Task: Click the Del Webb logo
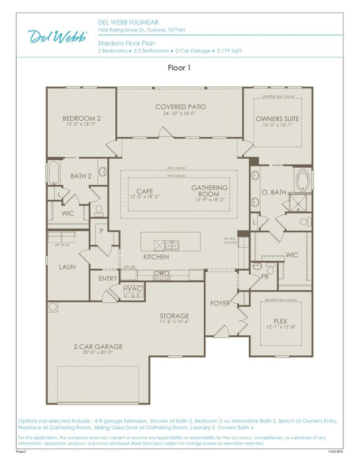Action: click(58, 37)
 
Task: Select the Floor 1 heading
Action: click(179, 68)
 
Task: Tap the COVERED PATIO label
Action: click(181, 107)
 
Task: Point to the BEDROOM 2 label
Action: click(81, 118)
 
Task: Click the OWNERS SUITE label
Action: click(277, 119)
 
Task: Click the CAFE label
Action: click(145, 191)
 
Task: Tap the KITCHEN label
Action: click(156, 257)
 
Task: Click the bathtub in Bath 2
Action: click(54, 173)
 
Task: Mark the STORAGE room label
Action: click(174, 316)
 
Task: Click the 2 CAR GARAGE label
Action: click(98, 347)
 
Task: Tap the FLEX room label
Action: click(280, 321)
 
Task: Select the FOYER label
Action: click(220, 303)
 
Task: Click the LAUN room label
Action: click(67, 267)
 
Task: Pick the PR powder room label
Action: click(265, 275)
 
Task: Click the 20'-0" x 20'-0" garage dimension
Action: click(98, 353)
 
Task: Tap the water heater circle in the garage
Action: click(53, 307)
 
